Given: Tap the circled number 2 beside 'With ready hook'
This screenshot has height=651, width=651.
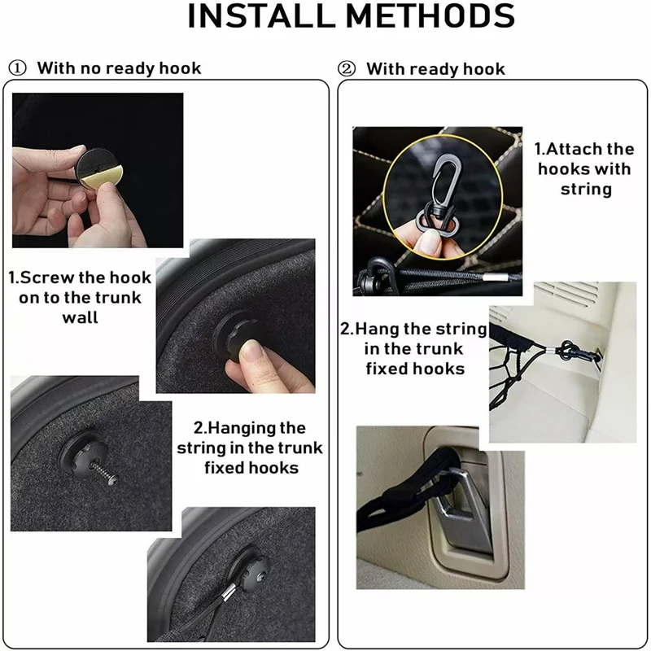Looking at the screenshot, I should click(347, 68).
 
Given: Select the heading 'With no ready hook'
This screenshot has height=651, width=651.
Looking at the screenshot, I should click(119, 68).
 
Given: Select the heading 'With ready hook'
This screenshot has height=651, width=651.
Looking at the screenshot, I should click(435, 68).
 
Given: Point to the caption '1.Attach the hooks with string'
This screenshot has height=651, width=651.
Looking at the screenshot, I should click(584, 168).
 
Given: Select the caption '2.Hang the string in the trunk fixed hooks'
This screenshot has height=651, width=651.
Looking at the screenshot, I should click(414, 349).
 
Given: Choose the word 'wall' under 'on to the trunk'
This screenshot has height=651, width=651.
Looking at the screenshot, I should click(80, 317).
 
